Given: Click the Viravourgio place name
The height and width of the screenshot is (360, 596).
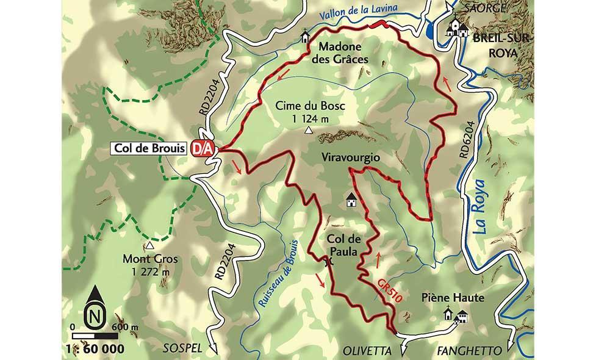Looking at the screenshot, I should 350,157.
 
